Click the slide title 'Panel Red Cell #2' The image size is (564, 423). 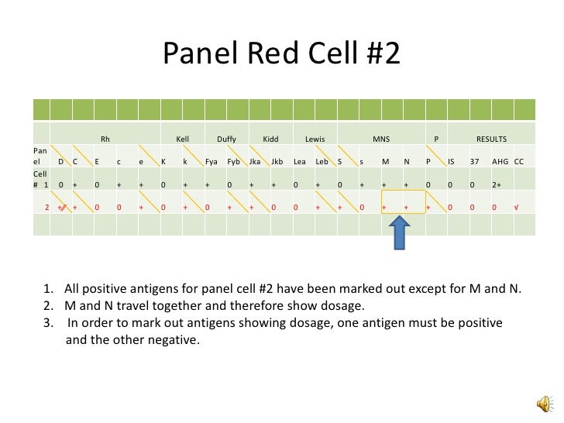point(281,53)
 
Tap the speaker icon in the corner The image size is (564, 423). point(545,404)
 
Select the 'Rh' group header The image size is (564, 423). point(105,139)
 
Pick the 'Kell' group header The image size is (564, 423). point(183,139)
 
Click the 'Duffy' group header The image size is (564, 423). point(226,139)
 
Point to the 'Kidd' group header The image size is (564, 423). point(270,139)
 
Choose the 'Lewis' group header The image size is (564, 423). point(315,139)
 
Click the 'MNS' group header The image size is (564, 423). point(381,139)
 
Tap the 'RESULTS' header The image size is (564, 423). point(491,139)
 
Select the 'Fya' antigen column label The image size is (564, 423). point(211,162)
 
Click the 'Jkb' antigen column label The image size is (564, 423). point(277,162)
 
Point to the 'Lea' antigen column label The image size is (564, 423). point(300,162)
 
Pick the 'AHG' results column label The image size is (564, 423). point(500,162)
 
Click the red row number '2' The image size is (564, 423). point(46,208)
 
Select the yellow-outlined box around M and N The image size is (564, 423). point(403,201)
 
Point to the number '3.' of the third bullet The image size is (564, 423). point(48,322)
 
